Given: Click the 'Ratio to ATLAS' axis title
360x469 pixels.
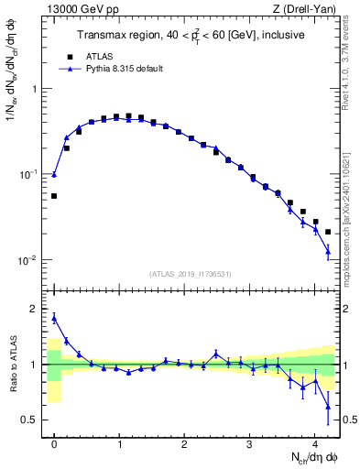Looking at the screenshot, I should click(12, 366).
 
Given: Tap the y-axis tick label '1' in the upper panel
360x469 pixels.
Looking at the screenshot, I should click(36, 89).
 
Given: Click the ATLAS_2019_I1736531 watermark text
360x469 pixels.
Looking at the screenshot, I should click(191, 274).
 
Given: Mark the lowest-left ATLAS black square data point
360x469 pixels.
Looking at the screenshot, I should click(54, 196).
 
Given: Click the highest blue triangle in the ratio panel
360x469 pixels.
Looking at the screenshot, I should click(54, 318).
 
